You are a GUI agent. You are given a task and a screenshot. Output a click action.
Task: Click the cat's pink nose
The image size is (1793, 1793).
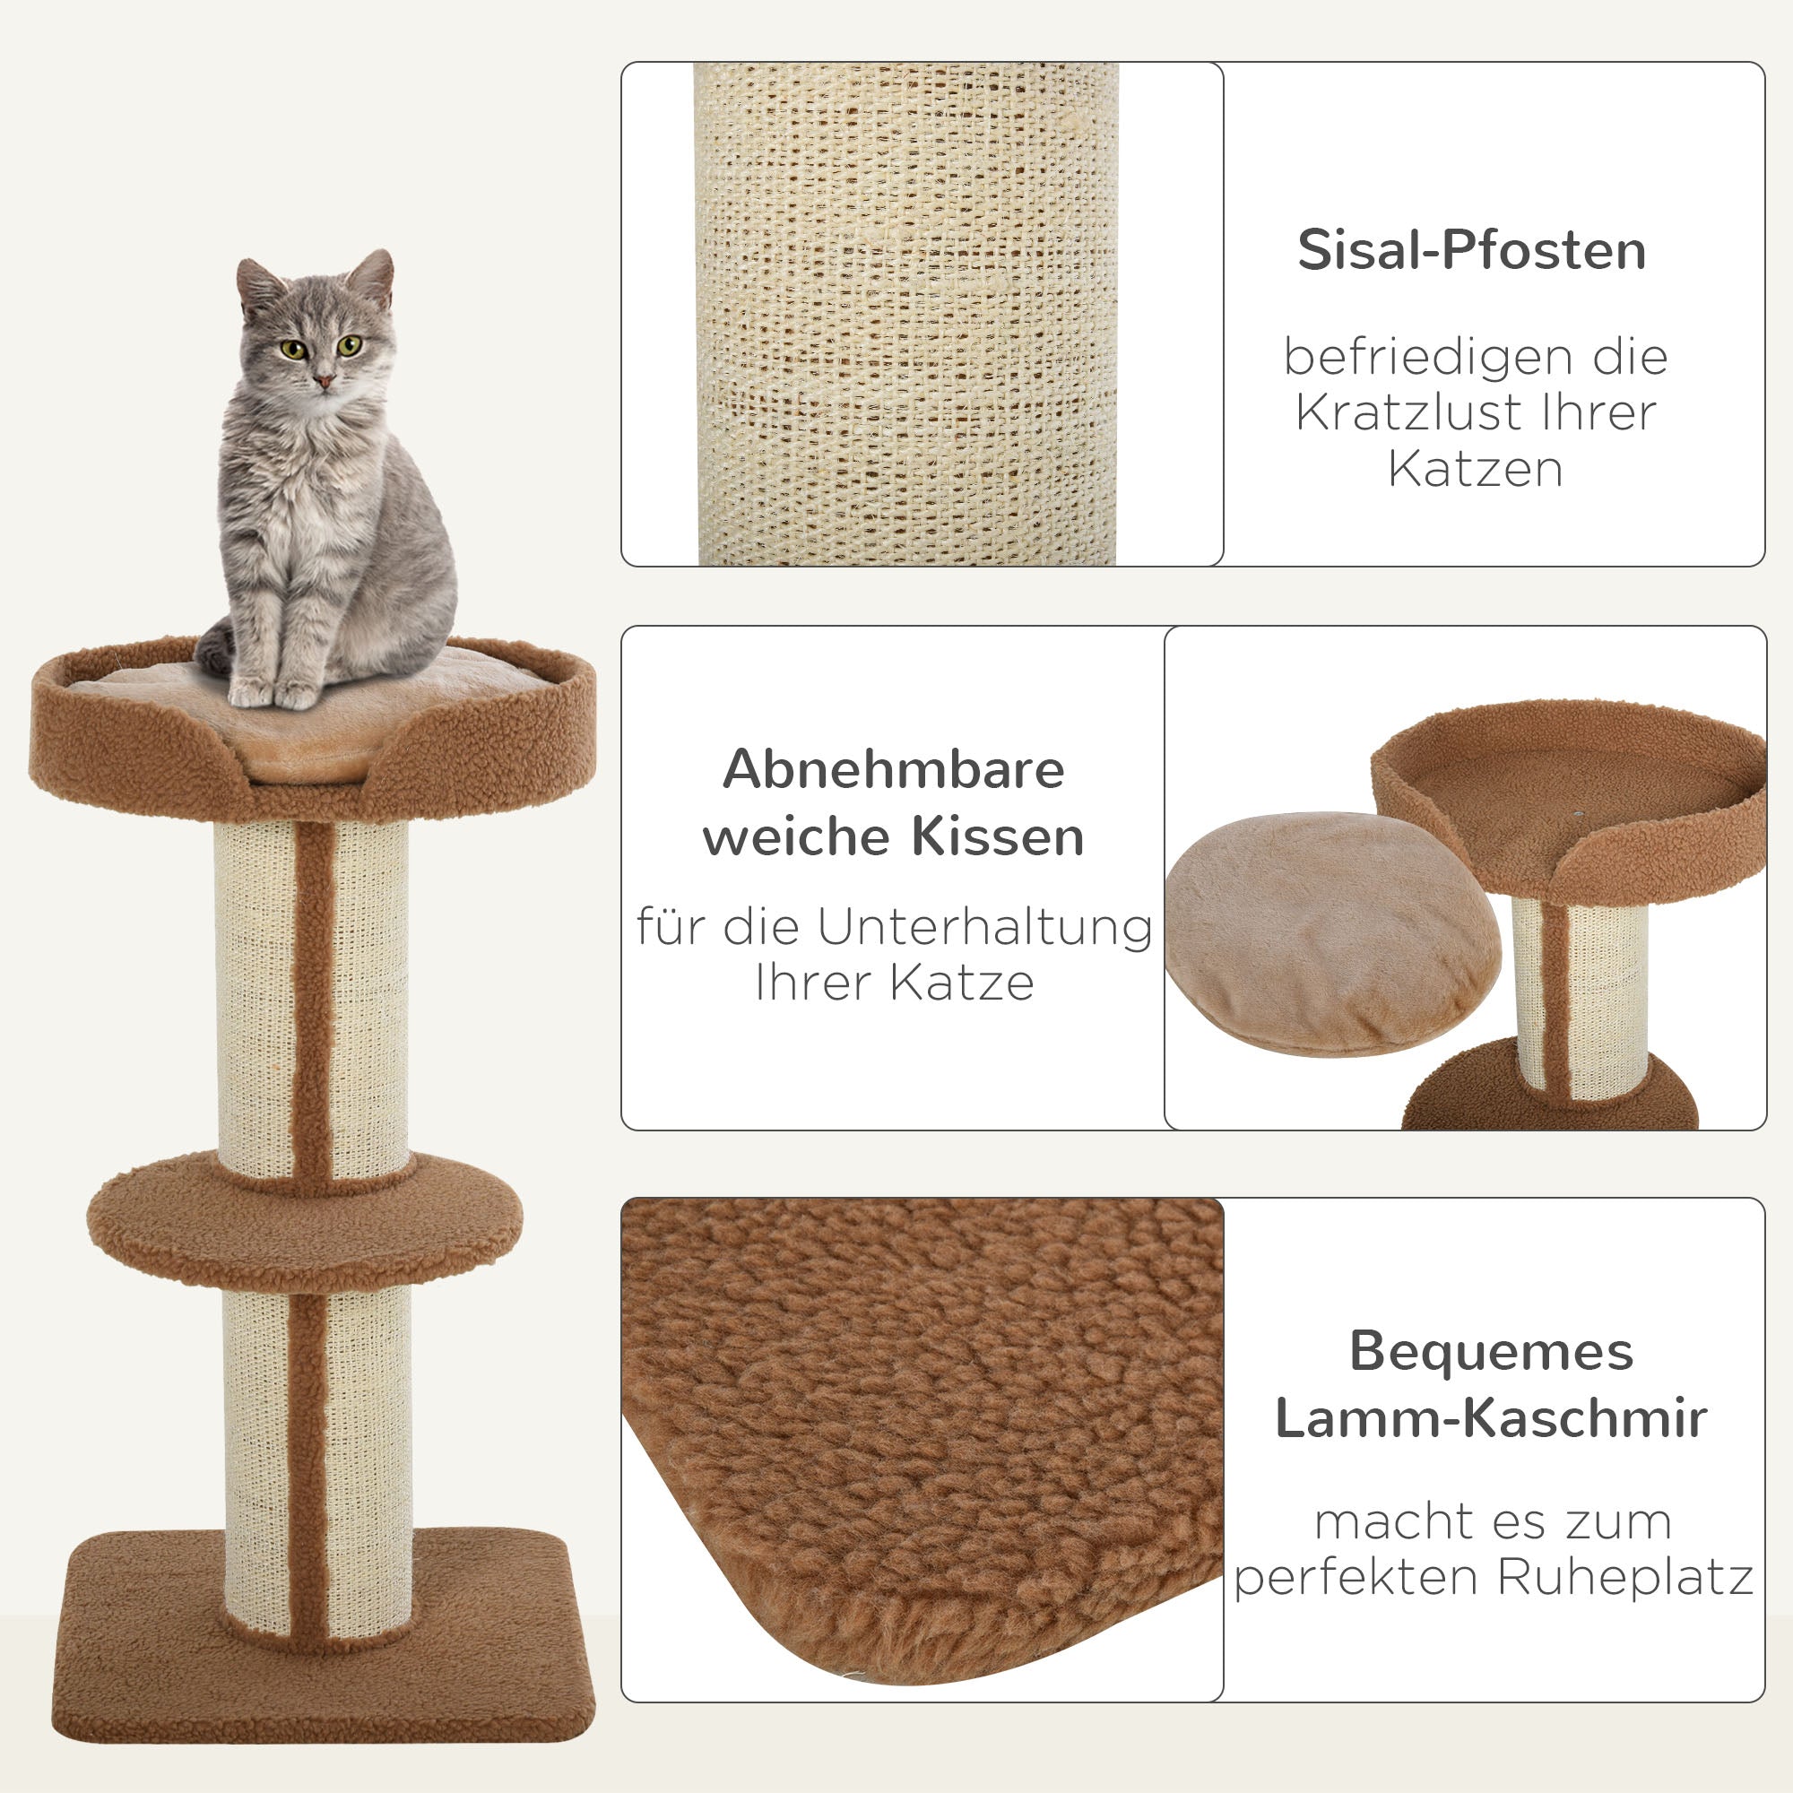(324, 381)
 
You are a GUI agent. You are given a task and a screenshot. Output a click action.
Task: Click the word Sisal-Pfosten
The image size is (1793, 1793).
(1471, 251)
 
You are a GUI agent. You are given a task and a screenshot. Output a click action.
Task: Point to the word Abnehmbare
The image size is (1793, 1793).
(893, 769)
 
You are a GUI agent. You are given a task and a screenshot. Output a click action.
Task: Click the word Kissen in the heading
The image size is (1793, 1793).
(997, 836)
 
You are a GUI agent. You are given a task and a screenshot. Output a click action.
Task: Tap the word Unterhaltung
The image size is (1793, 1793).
(983, 926)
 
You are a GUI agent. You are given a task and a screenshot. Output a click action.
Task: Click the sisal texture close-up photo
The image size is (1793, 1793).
(905, 314)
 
